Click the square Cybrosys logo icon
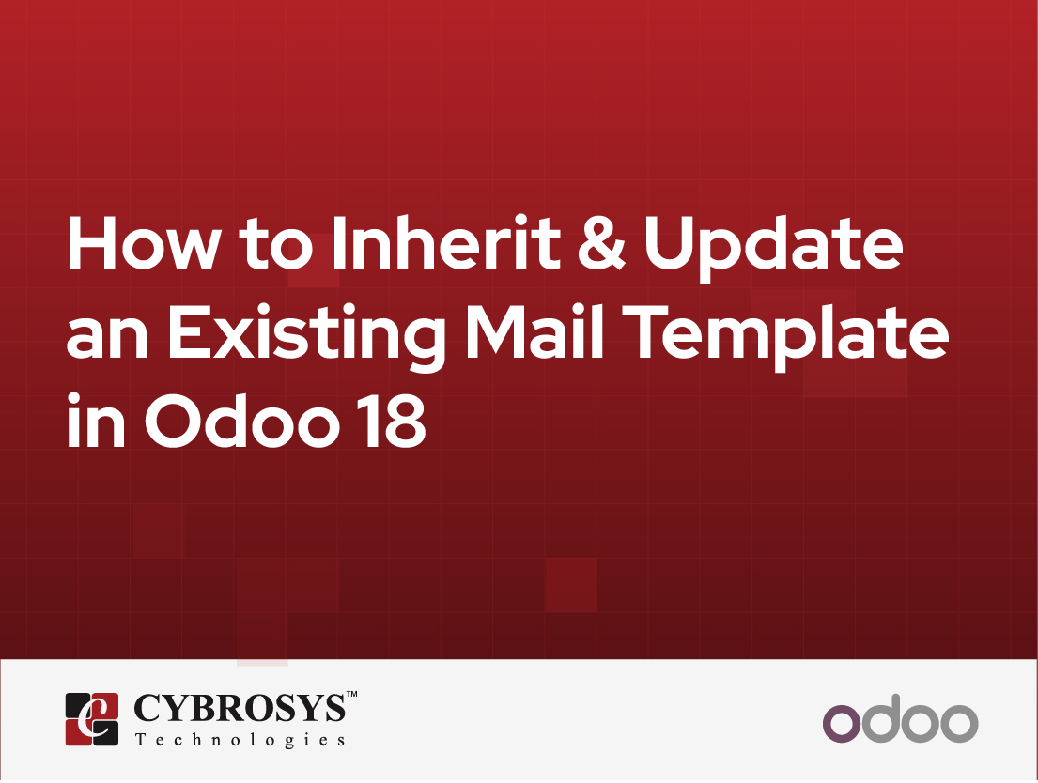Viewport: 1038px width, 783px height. [92, 719]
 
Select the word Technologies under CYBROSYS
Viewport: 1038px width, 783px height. [240, 741]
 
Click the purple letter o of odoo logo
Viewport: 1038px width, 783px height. [842, 725]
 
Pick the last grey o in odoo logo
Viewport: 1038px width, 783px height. [957, 725]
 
